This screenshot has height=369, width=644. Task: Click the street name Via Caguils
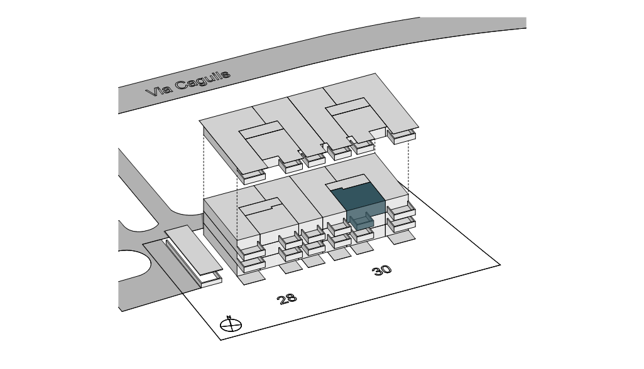point(188,83)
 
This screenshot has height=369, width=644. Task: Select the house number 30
point(381,270)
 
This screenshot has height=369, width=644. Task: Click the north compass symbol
point(231,325)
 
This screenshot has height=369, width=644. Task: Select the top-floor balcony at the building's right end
point(401,211)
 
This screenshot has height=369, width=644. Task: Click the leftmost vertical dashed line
point(204,163)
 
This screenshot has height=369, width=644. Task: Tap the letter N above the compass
point(229,317)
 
